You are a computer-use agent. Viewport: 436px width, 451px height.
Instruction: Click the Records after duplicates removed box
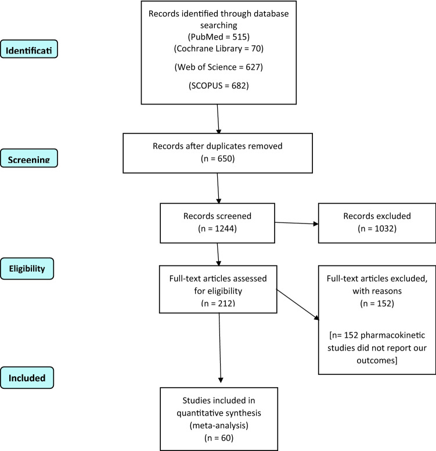217,153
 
